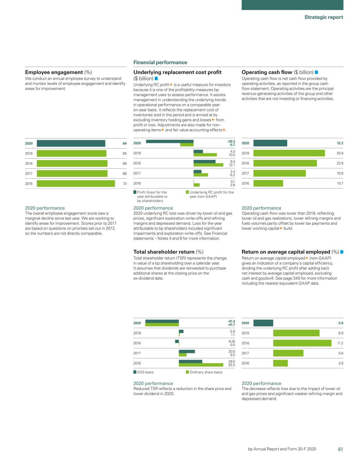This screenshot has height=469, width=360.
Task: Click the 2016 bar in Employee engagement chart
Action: [76, 183]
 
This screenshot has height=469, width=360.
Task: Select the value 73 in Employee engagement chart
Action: [125, 183]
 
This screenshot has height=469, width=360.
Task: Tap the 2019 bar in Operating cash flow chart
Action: [289, 153]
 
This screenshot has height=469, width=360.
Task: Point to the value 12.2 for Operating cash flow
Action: [340, 143]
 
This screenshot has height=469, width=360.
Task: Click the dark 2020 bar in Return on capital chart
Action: [263, 323]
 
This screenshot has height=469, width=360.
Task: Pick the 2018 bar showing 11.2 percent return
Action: [302, 343]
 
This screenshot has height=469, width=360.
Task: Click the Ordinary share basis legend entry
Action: [204, 372]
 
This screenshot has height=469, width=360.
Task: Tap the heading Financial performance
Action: [160, 62]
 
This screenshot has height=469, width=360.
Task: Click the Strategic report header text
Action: [324, 17]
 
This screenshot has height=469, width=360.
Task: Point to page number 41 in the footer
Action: [340, 449]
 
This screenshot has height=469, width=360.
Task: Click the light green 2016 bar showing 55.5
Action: [201, 365]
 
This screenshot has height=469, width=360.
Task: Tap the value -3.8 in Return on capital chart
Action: [340, 323]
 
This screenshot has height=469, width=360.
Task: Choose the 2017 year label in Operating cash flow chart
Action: [245, 173]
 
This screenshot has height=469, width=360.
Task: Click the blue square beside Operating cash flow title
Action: [316, 72]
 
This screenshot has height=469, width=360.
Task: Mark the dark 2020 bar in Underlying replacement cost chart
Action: [170, 141]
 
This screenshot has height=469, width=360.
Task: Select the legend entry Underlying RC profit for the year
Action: [210, 194]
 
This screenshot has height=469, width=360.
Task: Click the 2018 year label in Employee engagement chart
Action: [29, 164]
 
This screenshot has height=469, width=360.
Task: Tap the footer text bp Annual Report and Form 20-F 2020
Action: [282, 449]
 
